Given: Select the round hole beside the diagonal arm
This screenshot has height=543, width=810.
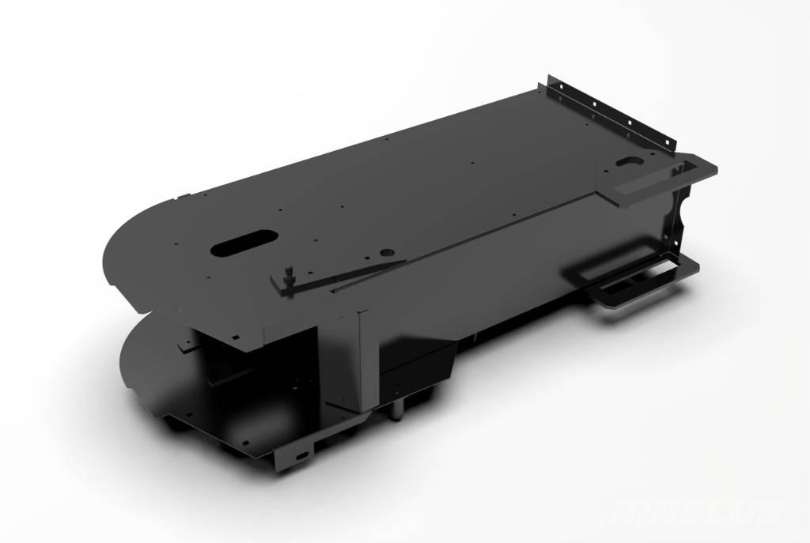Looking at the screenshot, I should click(x=388, y=250).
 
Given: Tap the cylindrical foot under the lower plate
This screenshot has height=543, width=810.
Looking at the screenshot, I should click(x=395, y=409).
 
